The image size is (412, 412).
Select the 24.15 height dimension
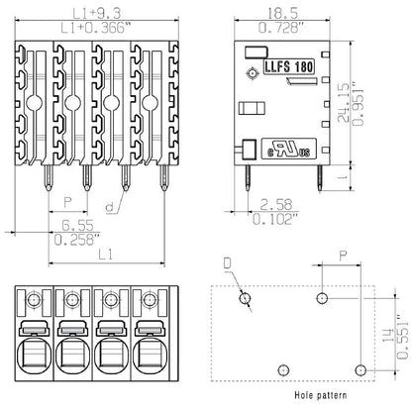click(x=368, y=101)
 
